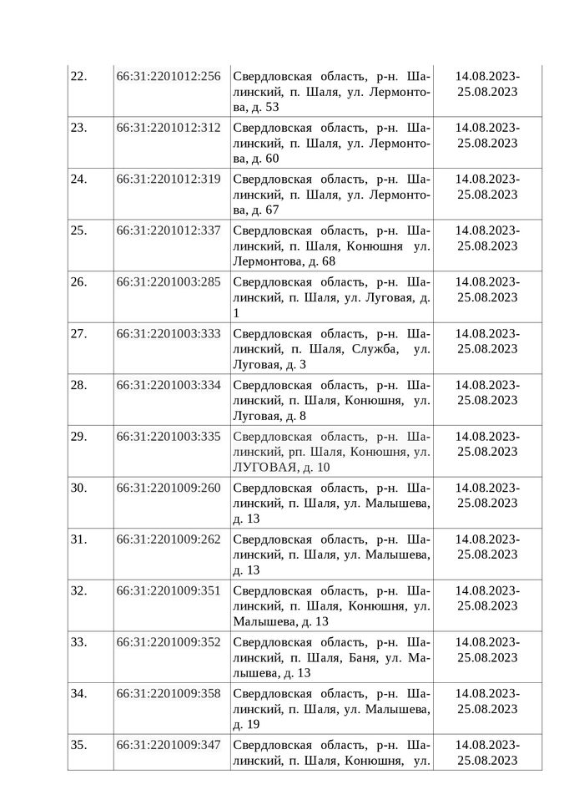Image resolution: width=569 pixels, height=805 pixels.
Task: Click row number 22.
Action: (78, 77)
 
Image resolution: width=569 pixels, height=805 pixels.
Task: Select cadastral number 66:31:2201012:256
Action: (169, 77)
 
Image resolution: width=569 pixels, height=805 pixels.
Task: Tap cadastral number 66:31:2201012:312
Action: (169, 128)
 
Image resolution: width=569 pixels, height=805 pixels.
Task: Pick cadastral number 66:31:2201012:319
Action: (169, 179)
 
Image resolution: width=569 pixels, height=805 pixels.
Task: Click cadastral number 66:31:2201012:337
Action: (169, 230)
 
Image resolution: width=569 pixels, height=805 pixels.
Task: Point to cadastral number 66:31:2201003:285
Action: (169, 281)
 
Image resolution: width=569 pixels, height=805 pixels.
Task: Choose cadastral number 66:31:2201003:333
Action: (169, 333)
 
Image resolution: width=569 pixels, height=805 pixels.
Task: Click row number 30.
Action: (78, 488)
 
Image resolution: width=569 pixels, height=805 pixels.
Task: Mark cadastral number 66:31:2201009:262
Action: (169, 539)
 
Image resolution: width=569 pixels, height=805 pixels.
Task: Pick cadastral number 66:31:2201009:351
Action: (169, 590)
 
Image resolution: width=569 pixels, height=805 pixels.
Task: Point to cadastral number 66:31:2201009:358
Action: (169, 692)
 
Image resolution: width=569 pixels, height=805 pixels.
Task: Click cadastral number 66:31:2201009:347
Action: (169, 744)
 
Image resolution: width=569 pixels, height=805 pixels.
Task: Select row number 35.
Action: (78, 744)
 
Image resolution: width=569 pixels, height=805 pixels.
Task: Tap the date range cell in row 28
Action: (487, 392)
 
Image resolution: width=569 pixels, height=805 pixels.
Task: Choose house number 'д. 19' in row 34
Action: (248, 724)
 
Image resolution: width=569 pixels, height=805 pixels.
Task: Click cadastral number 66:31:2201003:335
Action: (169, 436)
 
